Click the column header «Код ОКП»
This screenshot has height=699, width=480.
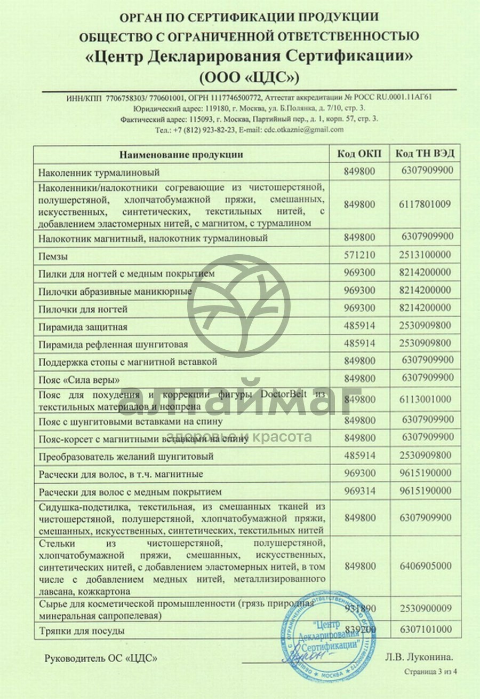click(359, 154)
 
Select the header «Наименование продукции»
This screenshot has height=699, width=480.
click(181, 155)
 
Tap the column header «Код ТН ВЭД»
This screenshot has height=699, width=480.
click(425, 154)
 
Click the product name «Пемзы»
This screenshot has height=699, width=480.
click(53, 256)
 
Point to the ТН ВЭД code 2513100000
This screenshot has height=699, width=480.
click(425, 255)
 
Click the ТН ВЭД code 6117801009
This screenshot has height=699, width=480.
click(425, 204)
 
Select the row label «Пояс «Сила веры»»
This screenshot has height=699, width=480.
click(79, 380)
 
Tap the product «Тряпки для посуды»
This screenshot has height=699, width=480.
click(82, 631)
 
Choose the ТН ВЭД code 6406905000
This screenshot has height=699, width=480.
click(425, 566)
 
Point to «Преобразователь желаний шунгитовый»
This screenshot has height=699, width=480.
click(126, 457)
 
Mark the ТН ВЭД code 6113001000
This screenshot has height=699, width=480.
click(425, 399)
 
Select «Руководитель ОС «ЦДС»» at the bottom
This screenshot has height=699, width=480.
click(101, 658)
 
